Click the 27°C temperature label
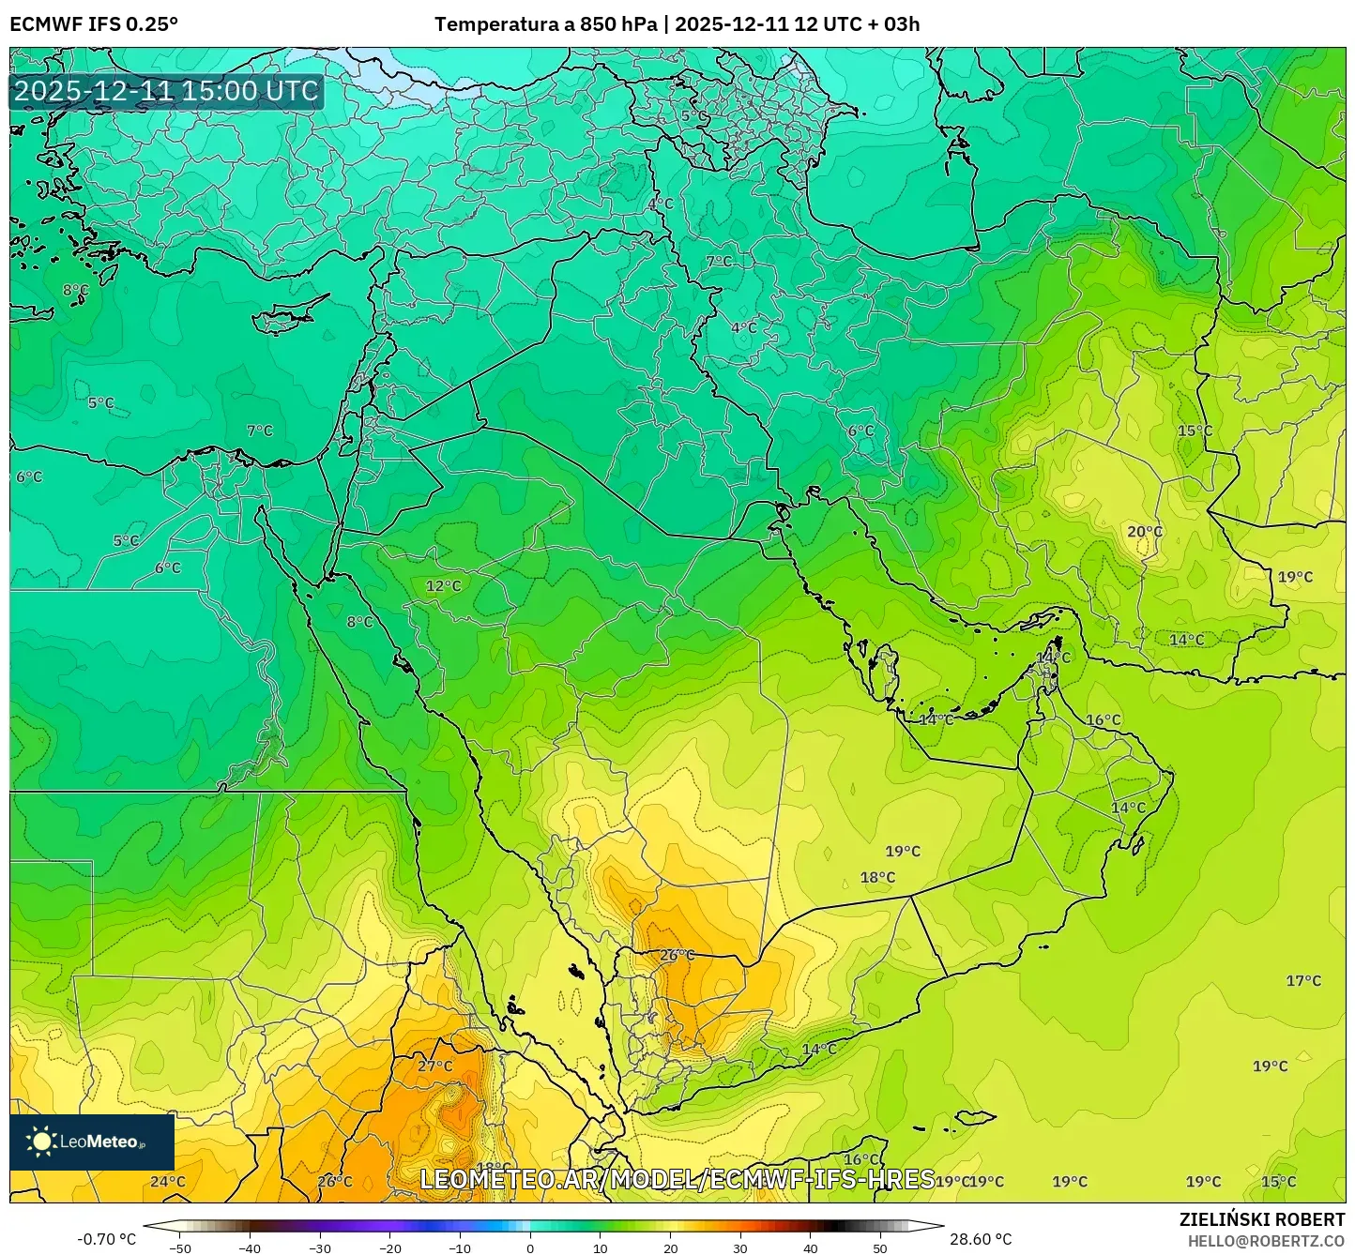[x=434, y=1066]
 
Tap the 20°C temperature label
[x=1144, y=532]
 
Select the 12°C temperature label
[x=443, y=586]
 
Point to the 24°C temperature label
[x=168, y=1181]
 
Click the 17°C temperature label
[x=1302, y=980]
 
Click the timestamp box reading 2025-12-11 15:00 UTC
[x=166, y=91]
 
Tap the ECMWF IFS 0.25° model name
[x=94, y=24]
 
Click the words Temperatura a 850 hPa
[x=545, y=24]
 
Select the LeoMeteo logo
[x=92, y=1142]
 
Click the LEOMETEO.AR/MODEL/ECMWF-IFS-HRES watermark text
[x=677, y=1179]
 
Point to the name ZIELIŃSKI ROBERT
[x=1262, y=1219]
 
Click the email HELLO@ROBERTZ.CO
[x=1266, y=1240]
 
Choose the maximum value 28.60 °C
[x=981, y=1239]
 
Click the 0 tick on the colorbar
[x=530, y=1248]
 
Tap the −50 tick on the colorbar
[x=179, y=1248]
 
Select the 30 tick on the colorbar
[x=740, y=1248]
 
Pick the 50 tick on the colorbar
[x=880, y=1248]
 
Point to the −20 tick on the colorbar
[x=389, y=1248]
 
